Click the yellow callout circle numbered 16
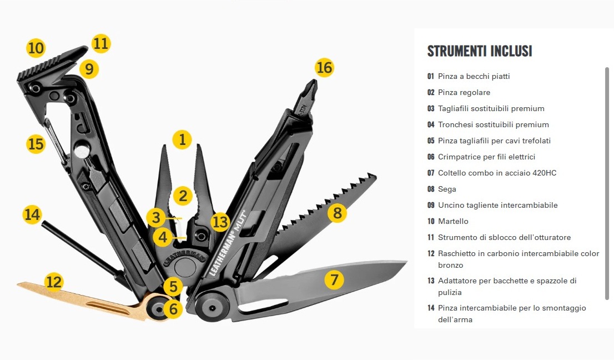(324, 67)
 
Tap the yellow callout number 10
(36, 48)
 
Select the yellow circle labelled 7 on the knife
(334, 279)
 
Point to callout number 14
(32, 214)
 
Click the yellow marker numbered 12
(54, 282)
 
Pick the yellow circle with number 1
(182, 139)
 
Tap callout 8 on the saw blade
(337, 213)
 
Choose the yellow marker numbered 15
(36, 144)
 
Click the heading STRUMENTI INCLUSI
(479, 51)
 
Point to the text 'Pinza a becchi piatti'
(474, 76)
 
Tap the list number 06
(431, 157)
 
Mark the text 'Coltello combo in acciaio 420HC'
(497, 173)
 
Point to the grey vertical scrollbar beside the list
(607, 183)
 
